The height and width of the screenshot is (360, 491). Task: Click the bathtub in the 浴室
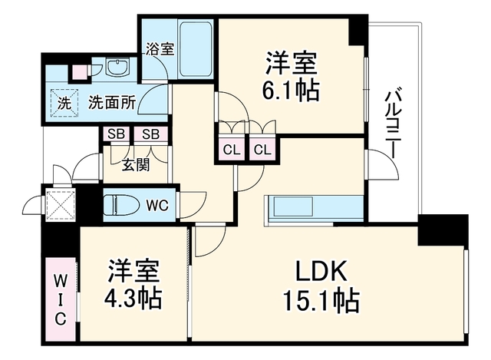point(196,49)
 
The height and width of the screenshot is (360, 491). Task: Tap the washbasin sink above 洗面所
point(117,68)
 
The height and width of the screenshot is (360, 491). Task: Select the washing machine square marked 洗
point(64,103)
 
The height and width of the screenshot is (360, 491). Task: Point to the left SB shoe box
point(116,134)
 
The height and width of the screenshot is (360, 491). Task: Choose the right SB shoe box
point(151,134)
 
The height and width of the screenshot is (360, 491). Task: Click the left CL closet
point(232,150)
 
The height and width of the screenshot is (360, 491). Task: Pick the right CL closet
point(262,150)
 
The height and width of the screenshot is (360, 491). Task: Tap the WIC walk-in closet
point(61,299)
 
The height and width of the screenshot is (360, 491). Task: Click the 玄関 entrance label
point(136,165)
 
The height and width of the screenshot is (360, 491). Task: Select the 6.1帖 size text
point(291,91)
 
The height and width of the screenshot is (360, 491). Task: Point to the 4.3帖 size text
point(133,299)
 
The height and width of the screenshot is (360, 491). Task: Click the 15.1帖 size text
point(321,301)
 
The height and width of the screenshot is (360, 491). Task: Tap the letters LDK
point(321,271)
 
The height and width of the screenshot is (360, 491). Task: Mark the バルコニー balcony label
point(392,124)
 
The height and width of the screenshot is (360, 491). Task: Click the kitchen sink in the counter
point(294,206)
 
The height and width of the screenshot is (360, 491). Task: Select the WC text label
point(158,206)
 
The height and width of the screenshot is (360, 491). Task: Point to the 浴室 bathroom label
point(160,49)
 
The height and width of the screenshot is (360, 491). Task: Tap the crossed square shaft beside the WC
point(61,205)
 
